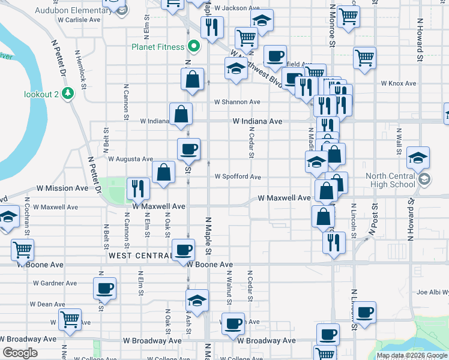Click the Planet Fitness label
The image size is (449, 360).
pos(159,46)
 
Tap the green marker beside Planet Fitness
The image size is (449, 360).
pos(194,46)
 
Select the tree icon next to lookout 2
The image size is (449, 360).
pos(69,94)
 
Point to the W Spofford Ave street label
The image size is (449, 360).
pos(238,177)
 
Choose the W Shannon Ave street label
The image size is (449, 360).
pos(237,102)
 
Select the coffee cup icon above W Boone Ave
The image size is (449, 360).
pos(183,249)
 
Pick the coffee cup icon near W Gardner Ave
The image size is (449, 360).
pos(104,288)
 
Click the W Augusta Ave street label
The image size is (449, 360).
pos(130,159)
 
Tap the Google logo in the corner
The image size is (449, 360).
pos(20,353)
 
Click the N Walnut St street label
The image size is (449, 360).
pos(229,290)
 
